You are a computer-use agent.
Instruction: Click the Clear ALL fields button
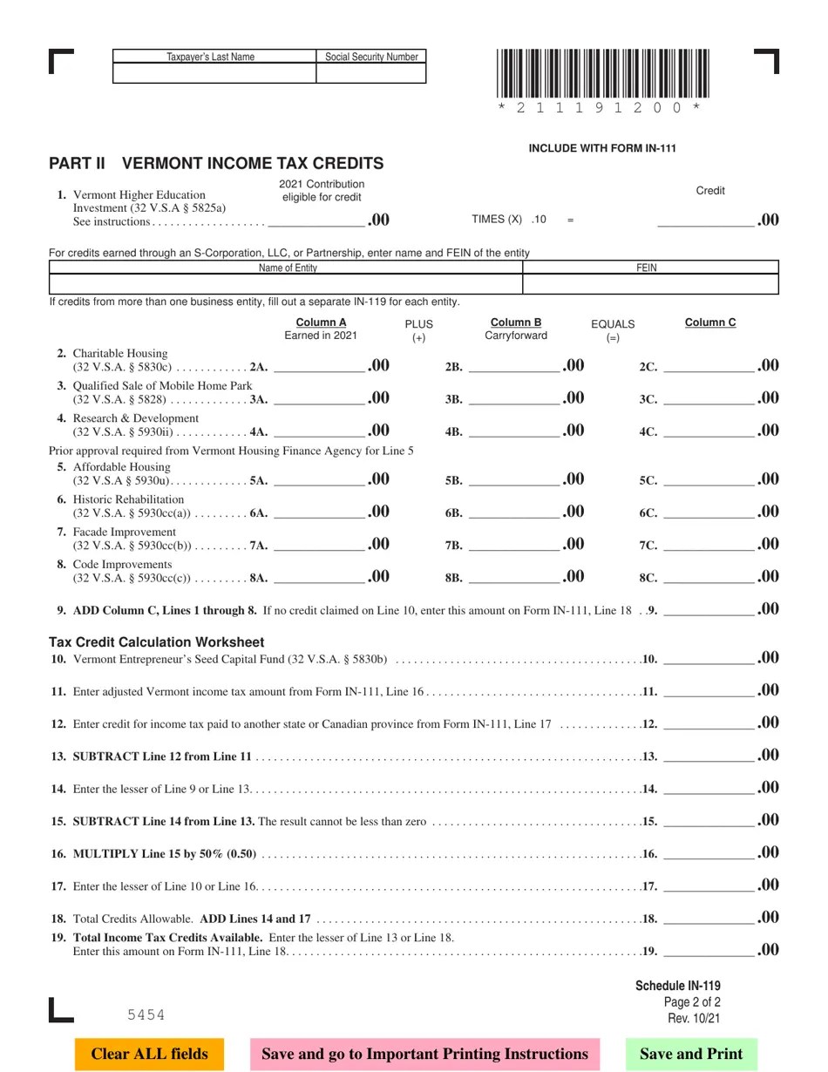tap(149, 1054)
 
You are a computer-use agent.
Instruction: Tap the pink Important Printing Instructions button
tap(424, 1054)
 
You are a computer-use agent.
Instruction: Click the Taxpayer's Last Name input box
tap(214, 74)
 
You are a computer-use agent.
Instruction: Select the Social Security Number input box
tap(371, 74)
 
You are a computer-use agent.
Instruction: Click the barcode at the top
tap(602, 73)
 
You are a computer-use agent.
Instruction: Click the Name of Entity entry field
tap(286, 284)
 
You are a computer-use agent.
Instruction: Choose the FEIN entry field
tap(650, 284)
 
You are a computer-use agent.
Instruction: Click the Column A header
tap(321, 322)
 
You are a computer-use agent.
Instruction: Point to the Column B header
tap(516, 322)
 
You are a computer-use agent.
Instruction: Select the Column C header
tap(710, 322)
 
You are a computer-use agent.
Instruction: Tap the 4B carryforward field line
tap(513, 431)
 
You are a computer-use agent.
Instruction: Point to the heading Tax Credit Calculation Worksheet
tap(156, 642)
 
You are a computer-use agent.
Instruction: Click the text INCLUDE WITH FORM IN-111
tap(602, 148)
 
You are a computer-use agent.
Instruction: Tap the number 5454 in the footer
tap(146, 1014)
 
